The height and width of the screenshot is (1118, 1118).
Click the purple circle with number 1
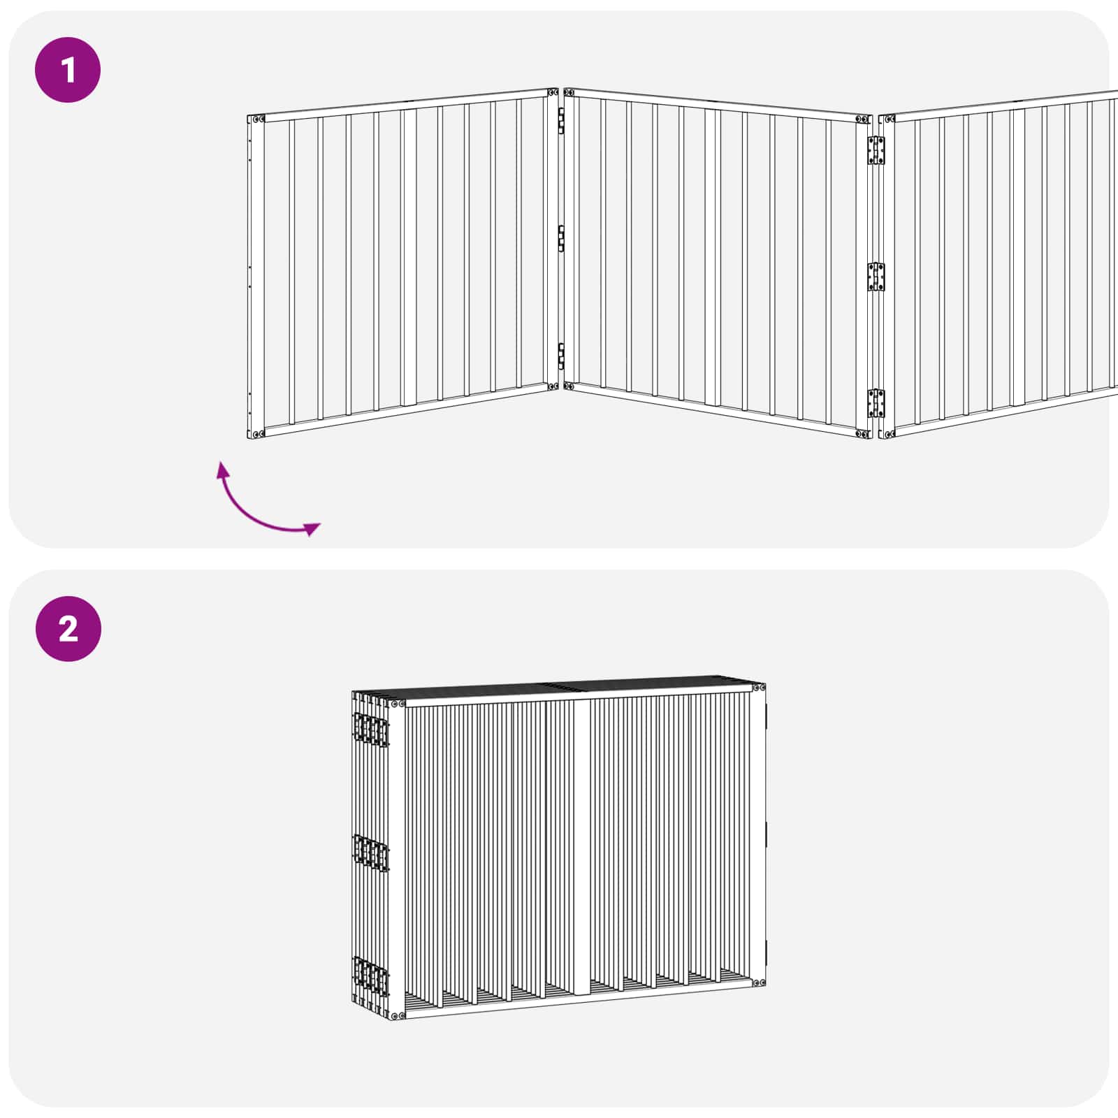(x=68, y=70)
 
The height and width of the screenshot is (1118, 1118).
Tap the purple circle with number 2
(x=68, y=629)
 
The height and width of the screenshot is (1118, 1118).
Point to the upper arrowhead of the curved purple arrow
(x=223, y=469)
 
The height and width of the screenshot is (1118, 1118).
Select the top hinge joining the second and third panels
(x=876, y=150)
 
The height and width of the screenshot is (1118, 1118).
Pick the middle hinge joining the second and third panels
(x=876, y=277)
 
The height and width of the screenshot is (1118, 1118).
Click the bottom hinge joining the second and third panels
(x=876, y=403)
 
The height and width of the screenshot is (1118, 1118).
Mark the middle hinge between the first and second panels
(x=560, y=238)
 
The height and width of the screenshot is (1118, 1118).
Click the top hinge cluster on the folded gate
(x=371, y=729)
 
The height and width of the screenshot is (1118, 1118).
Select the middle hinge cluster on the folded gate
(x=371, y=852)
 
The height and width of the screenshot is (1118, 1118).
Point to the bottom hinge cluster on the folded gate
(x=371, y=975)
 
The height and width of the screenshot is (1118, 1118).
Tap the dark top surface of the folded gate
(x=573, y=688)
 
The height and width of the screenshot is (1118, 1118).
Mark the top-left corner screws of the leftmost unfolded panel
(x=256, y=119)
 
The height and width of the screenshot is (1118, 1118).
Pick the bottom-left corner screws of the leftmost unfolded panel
(x=256, y=434)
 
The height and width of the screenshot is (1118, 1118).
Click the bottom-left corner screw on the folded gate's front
(x=397, y=1015)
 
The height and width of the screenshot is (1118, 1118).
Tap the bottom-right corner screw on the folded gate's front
(x=760, y=982)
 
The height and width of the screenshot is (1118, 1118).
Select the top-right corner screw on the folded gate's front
(x=760, y=688)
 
